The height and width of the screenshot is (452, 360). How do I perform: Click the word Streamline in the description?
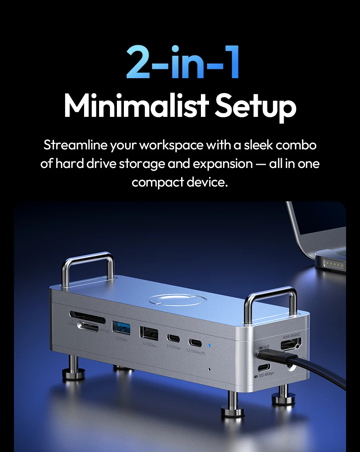coord(75,146)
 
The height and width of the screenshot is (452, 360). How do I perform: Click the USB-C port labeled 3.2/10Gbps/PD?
coord(195,342)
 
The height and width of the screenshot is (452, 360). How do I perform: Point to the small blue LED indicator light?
coord(209,345)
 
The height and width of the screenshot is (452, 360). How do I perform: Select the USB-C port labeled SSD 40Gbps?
coord(265,368)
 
